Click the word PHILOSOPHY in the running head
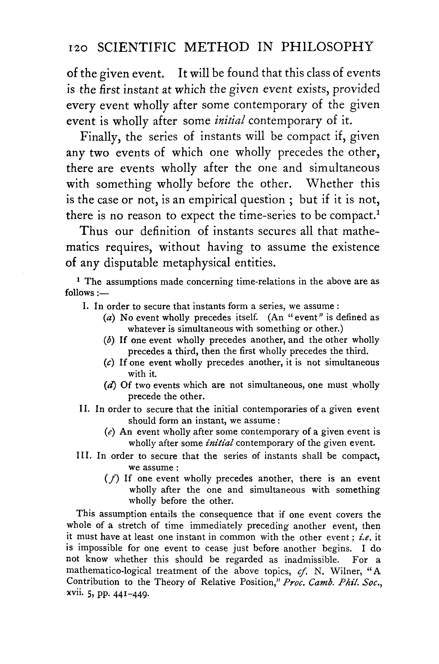327,47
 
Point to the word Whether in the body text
329,184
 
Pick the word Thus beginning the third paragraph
94,232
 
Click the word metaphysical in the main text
196,263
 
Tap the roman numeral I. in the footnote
86,306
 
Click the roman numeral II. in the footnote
84,409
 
